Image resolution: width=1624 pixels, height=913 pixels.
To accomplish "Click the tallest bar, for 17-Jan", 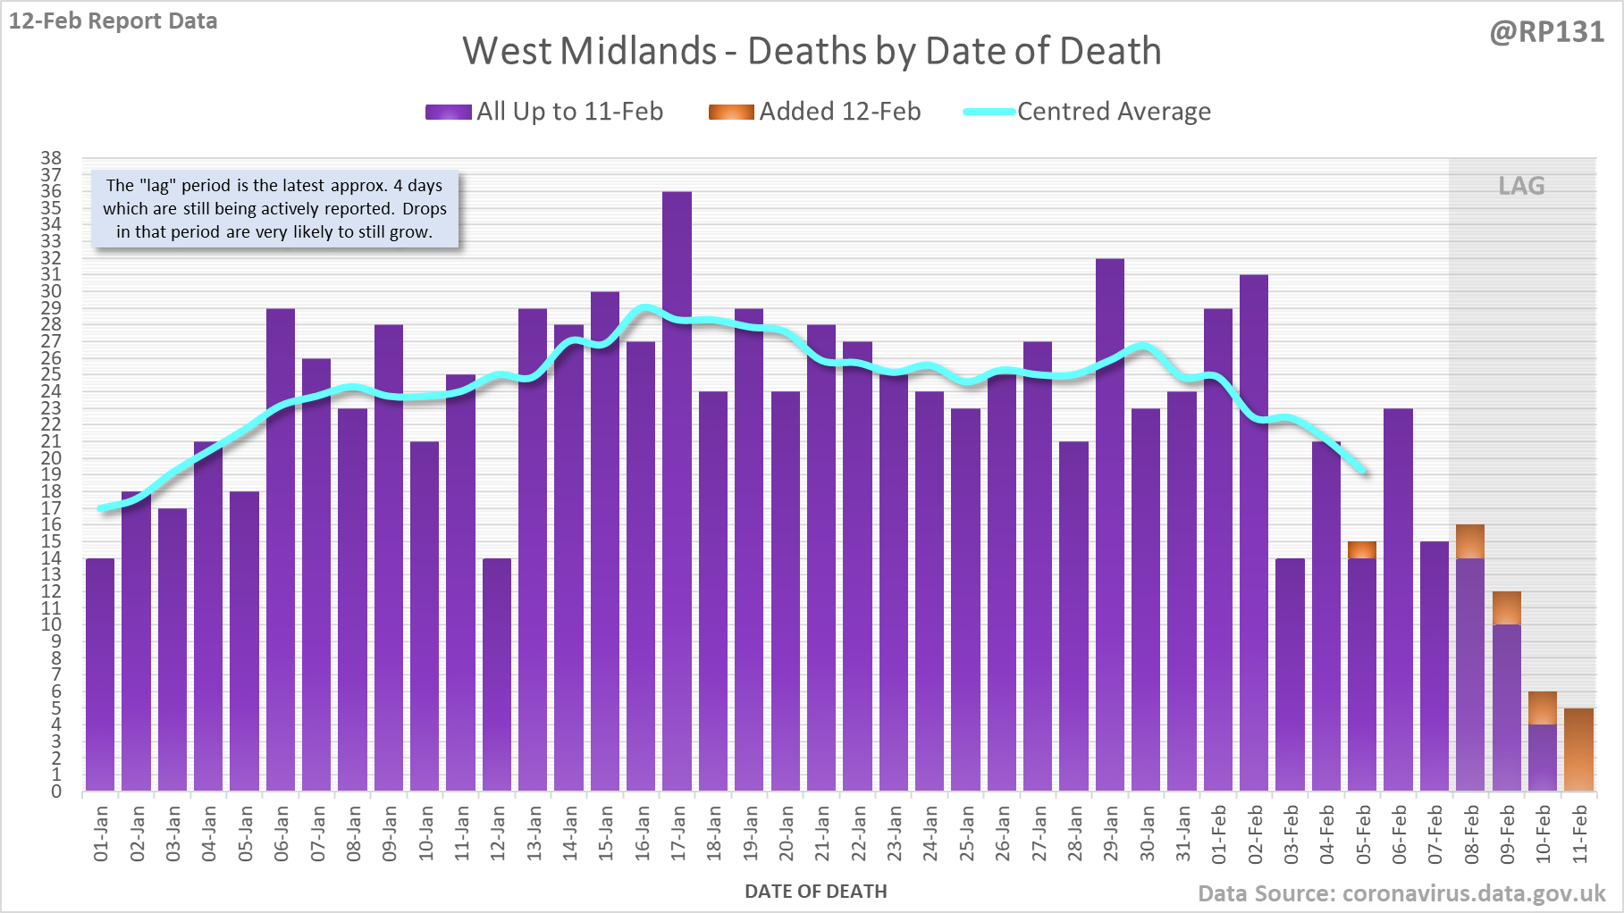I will coord(677,491).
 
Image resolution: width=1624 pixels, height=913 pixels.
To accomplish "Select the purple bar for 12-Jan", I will coord(497,674).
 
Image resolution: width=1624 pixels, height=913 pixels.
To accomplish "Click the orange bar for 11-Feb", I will coord(1578,750).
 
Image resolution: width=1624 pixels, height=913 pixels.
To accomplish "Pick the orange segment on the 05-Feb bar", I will coord(1362,549).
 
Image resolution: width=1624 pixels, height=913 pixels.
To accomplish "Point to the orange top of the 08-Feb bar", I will coord(1470,541).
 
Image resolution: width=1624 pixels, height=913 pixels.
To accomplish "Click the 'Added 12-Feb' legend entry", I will coord(814,112).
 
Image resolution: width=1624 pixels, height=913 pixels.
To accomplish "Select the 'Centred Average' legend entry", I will coord(1087,112).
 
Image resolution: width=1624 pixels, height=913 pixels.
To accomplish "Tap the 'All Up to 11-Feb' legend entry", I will coord(544,112).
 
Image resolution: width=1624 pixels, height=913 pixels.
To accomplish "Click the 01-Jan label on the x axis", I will coord(101,833).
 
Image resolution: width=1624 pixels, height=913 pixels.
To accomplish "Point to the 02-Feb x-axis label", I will coord(1255,833).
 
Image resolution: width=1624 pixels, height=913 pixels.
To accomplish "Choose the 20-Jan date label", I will coord(786,833).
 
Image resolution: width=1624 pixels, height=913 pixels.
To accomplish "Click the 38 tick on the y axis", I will coord(51,158).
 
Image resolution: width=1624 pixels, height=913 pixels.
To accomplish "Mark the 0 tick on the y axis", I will coord(56,792).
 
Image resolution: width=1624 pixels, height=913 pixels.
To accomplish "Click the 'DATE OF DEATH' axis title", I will coord(815,892).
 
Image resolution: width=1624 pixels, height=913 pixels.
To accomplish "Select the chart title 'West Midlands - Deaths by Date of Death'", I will coord(812,51).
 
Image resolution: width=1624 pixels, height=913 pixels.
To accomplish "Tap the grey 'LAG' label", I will coord(1521,186).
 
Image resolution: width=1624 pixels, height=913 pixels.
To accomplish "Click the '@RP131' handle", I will coord(1546,32).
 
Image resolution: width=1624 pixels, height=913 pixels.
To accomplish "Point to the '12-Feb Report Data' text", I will coord(114,21).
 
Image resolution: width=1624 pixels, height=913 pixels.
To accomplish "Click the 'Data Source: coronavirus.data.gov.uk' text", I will coord(1401,893).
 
